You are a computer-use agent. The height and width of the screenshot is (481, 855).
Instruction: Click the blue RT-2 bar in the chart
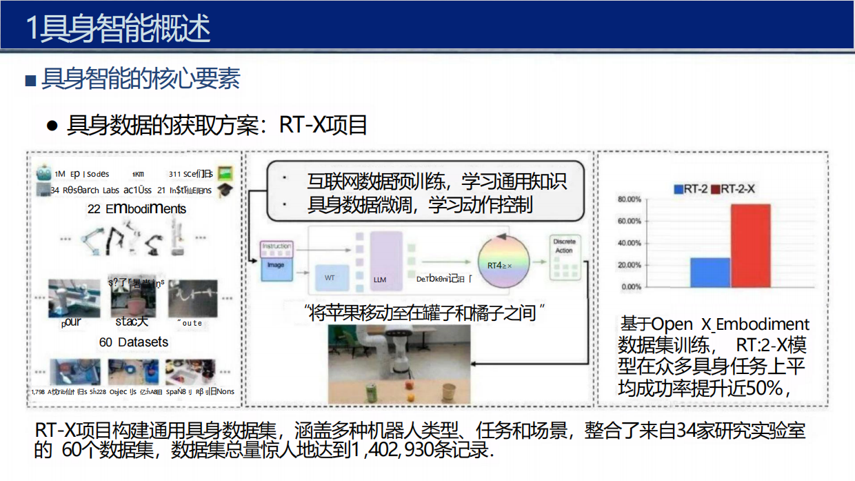710,273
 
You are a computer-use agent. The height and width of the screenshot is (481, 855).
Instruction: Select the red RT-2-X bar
751,246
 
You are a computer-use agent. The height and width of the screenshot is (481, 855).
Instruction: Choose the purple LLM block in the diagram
385,259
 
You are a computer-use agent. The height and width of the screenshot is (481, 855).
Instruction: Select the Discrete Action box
564,246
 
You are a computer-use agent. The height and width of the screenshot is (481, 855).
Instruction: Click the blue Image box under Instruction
276,265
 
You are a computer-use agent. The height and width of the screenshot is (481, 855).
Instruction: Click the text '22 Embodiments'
137,209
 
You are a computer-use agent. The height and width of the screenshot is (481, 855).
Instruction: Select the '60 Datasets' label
133,342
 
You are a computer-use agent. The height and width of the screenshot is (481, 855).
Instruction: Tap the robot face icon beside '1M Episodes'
45,173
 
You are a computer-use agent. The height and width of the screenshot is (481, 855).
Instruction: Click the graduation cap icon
225,190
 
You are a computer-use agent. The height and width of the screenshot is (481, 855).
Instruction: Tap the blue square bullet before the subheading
30,81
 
